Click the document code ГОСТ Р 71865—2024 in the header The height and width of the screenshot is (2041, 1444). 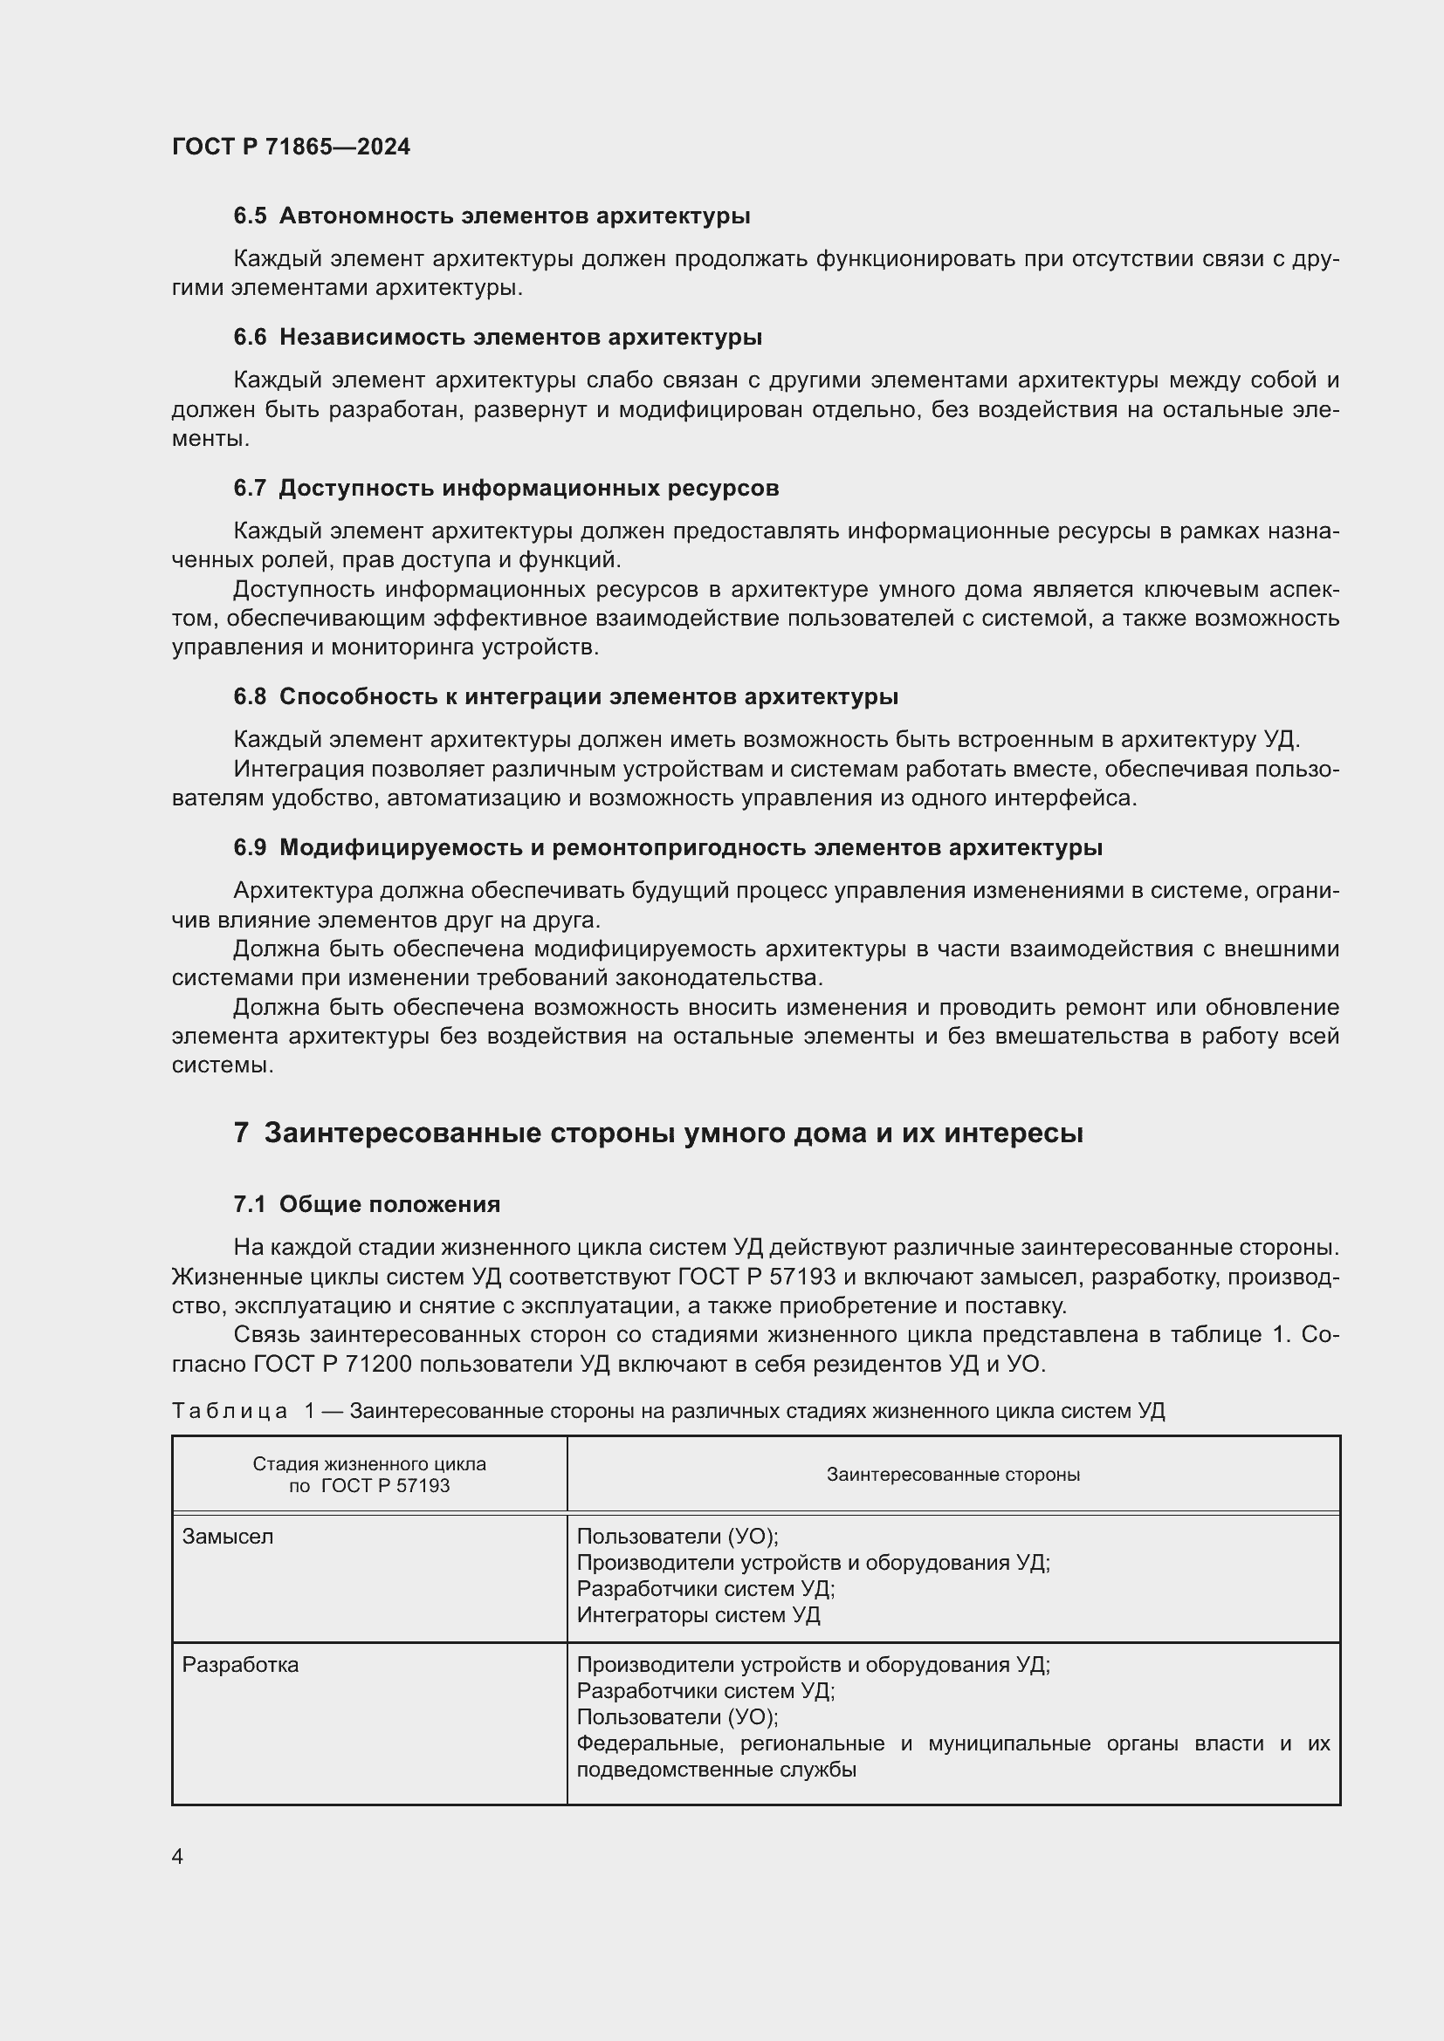coord(291,147)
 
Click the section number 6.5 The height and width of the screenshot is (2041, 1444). coord(249,216)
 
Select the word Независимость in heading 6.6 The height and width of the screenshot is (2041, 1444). coord(373,337)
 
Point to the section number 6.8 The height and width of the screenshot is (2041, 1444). coord(249,697)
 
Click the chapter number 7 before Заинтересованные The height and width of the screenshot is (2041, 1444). coord(241,1134)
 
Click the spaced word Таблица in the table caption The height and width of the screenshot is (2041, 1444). coord(230,1411)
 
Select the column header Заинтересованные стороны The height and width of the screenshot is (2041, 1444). coord(952,1474)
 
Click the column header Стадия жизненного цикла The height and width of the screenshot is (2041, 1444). coord(369,1464)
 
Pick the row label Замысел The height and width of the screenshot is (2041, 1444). coord(228,1537)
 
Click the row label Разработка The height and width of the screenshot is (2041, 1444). coord(240,1665)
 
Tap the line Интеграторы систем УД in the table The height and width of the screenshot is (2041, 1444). coord(698,1615)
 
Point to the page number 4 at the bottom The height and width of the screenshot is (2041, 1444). coord(177,1856)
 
